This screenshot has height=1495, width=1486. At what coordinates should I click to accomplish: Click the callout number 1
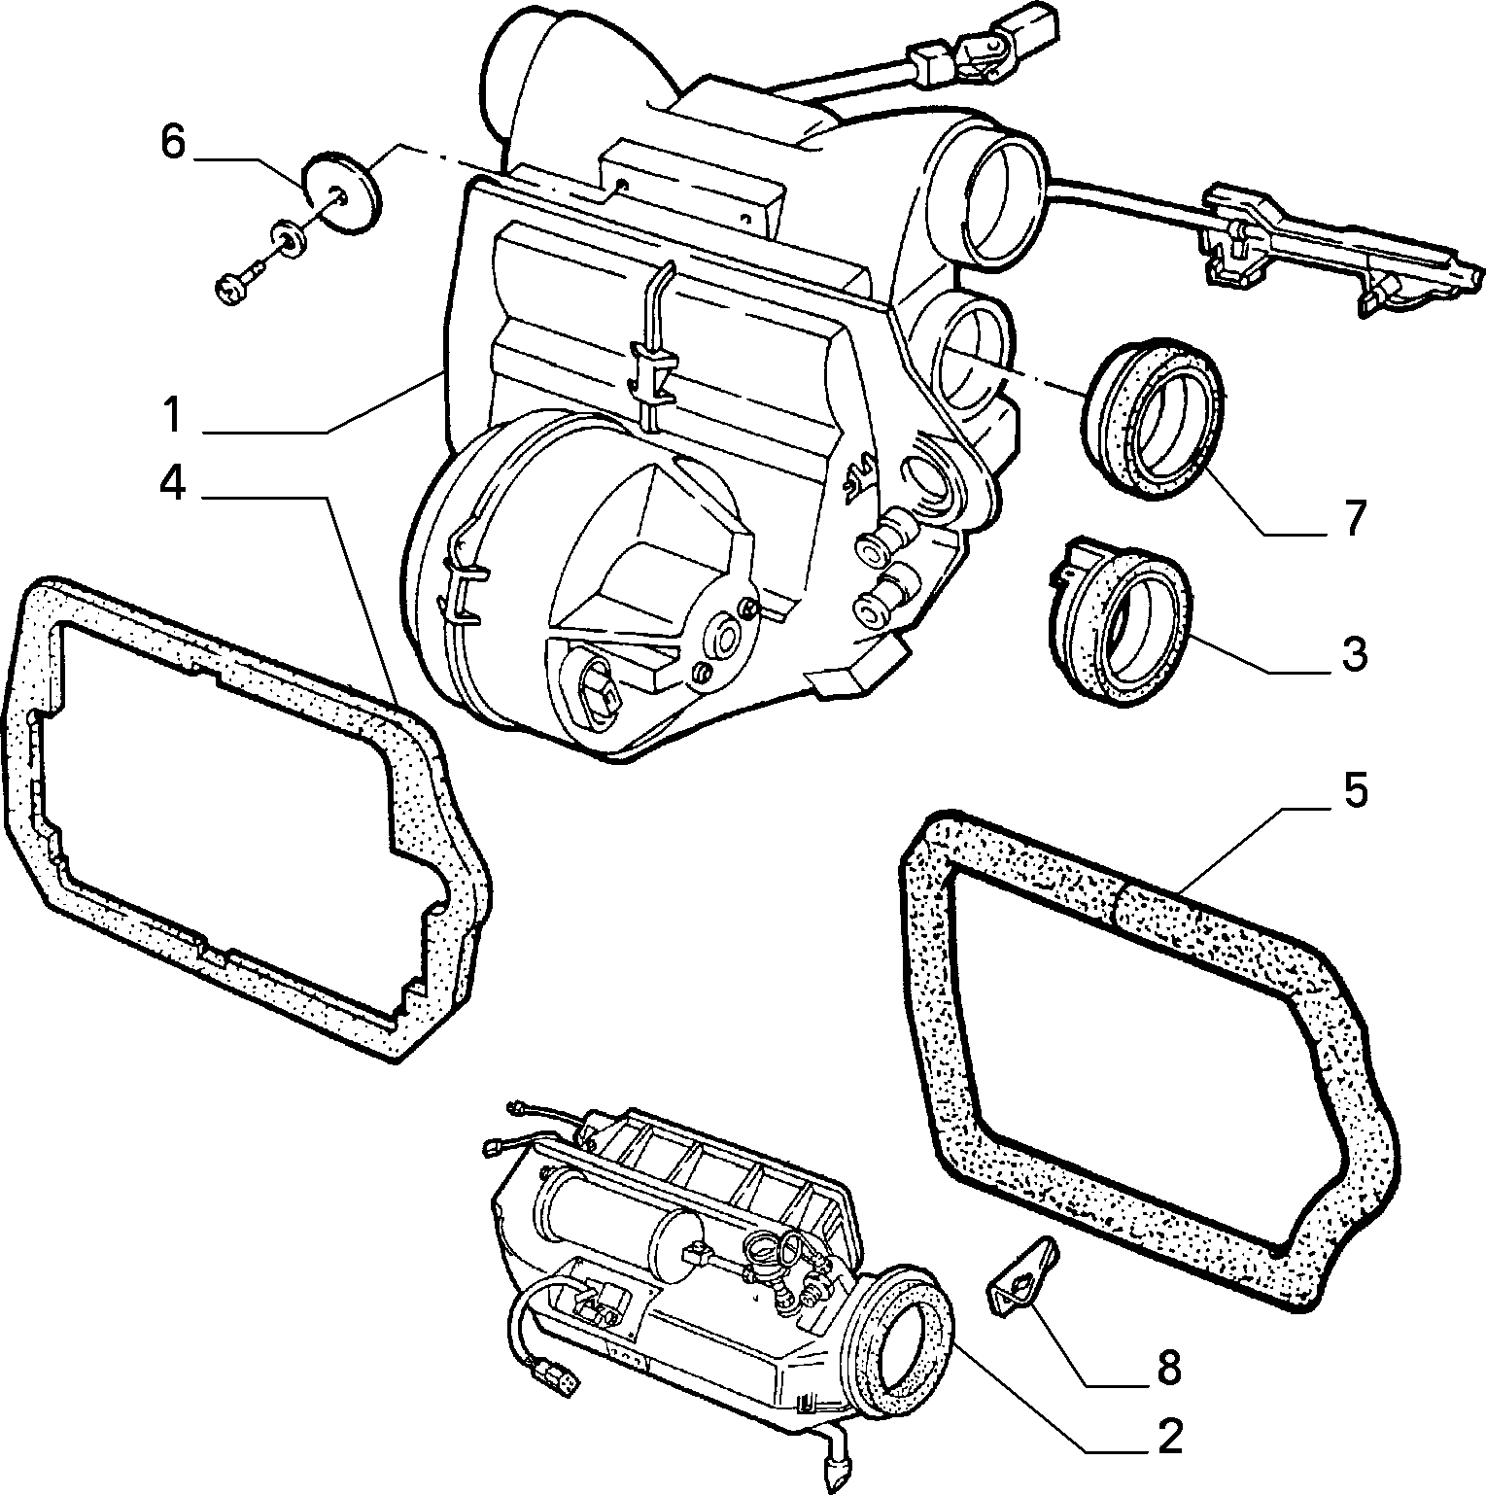point(172,416)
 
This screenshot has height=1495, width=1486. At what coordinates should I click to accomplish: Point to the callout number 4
point(172,484)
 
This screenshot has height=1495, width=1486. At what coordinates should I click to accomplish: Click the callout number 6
point(172,142)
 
